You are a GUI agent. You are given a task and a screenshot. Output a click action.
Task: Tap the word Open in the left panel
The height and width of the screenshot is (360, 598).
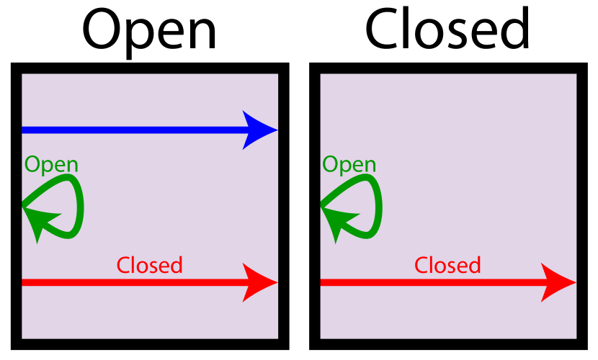point(51,165)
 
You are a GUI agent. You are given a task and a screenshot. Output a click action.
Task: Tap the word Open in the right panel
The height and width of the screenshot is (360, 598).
point(349,165)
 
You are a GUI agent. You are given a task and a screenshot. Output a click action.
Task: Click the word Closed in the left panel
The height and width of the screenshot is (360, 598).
point(149,266)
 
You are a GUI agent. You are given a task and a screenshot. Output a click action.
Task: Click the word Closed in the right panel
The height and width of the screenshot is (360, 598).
point(447,266)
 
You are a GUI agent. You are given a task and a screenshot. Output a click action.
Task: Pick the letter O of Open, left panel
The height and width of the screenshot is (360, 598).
point(32,165)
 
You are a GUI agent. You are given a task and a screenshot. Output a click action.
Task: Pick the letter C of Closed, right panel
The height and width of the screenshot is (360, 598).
point(421,266)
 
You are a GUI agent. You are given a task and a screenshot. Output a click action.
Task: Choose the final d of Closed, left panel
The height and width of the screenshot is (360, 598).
point(176,266)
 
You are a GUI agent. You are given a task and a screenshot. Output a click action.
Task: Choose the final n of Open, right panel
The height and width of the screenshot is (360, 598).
point(370,166)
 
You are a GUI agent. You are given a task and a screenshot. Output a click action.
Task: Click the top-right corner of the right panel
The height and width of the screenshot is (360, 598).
point(575,75)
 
